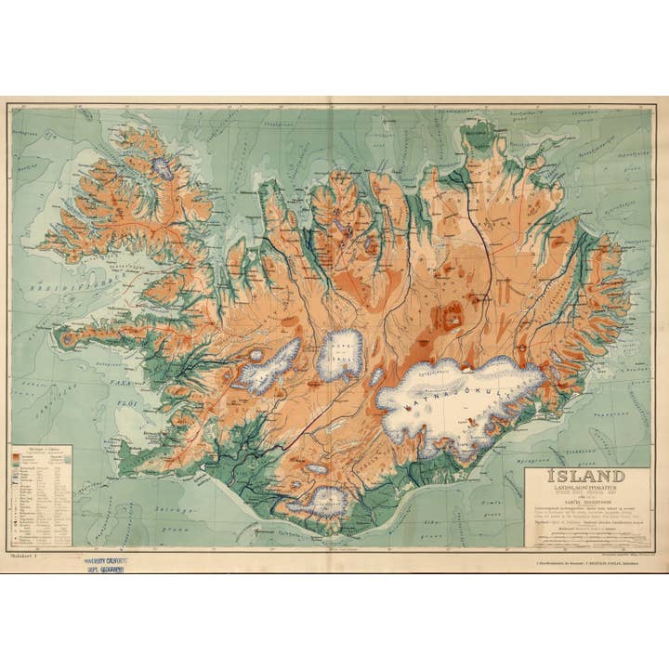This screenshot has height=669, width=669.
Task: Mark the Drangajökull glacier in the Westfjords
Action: tap(163, 168)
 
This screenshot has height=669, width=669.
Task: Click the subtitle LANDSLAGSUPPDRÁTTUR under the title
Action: tap(585, 491)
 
